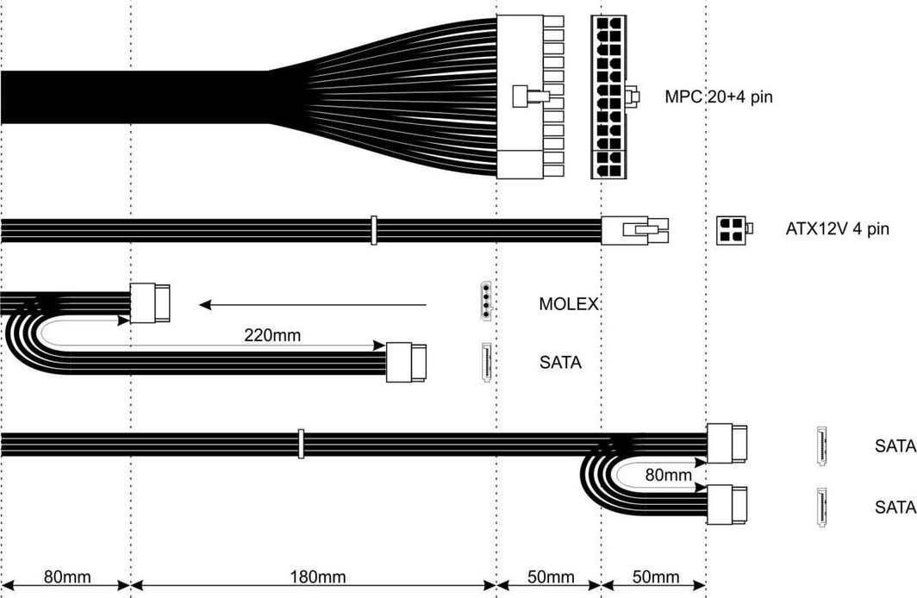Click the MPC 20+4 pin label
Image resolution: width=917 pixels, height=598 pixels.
coord(719,97)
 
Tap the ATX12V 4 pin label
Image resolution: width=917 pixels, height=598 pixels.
coord(838,228)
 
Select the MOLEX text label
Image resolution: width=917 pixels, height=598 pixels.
coord(569,304)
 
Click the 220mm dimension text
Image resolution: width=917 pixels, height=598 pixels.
coord(272,335)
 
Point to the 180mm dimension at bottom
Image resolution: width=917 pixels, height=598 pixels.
coord(318,577)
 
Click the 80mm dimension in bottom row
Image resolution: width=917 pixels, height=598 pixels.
coord(67,577)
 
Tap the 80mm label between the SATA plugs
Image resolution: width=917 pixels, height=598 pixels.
coord(669,475)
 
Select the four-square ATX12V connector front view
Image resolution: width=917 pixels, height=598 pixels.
coord(734,230)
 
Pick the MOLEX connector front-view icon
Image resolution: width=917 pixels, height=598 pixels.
coord(487,301)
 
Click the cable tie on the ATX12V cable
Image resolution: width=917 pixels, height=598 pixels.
coord(374,230)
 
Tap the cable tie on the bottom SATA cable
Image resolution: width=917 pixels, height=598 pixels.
coord(301,444)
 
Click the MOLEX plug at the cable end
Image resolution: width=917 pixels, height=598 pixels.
coord(150,302)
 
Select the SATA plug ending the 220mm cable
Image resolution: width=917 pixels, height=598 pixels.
coord(407,363)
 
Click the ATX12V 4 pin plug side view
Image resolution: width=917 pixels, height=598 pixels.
coord(635,230)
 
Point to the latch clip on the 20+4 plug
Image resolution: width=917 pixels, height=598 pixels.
coord(531,97)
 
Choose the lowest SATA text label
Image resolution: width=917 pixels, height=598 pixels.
coord(895,507)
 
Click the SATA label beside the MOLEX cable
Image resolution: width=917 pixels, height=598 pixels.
coord(560,363)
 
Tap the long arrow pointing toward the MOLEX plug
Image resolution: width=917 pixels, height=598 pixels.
coord(313,304)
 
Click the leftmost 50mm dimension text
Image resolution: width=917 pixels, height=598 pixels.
coord(551,577)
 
